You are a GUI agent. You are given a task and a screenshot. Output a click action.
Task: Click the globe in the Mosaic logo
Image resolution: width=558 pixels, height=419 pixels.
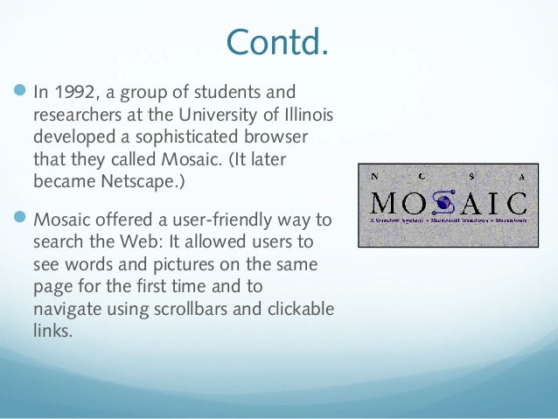click(x=444, y=202)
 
